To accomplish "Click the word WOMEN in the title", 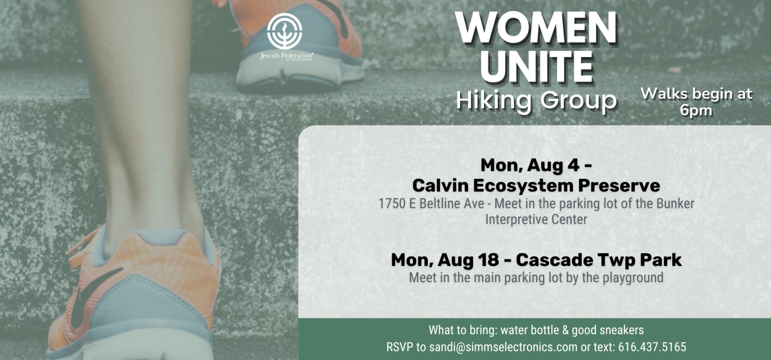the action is point(536,28).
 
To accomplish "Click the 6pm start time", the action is point(696,111).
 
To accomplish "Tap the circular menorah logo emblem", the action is point(285,31).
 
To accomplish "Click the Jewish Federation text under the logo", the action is point(286,56).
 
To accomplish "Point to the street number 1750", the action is point(392,204).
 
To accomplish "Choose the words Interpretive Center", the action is point(536,219).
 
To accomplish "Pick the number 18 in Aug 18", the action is point(488,259).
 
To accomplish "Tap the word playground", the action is point(632,278).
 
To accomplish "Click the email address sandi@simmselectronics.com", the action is point(503,346).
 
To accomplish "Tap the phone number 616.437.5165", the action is point(652,346).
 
